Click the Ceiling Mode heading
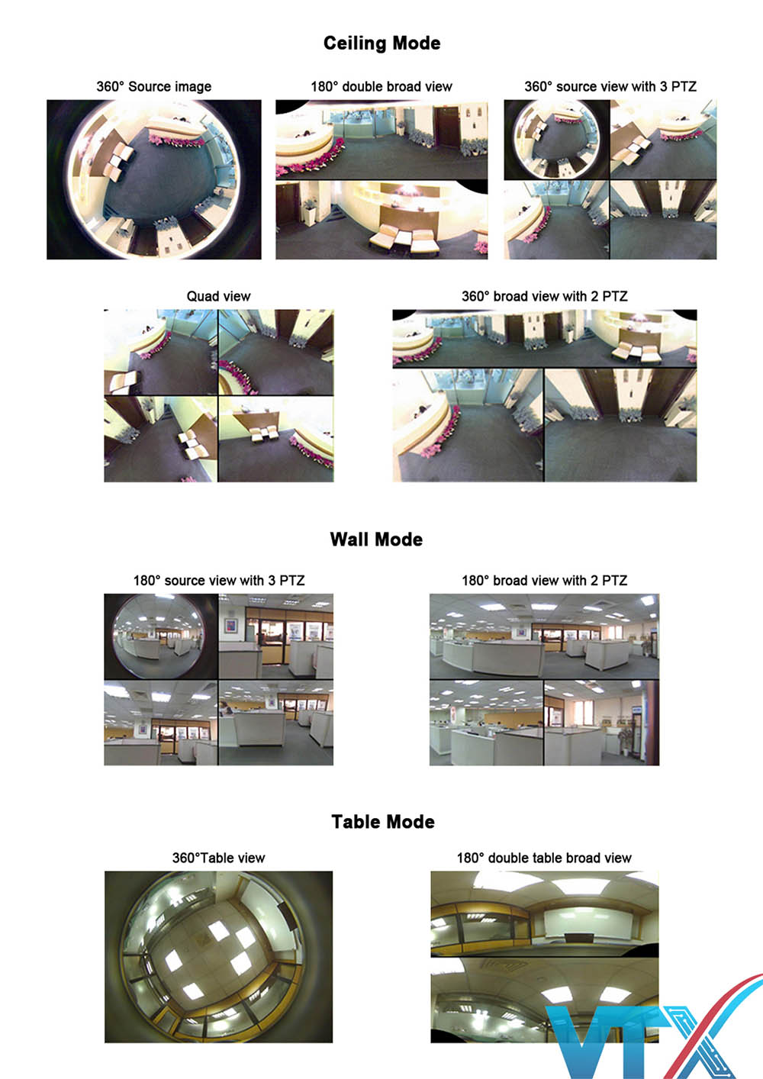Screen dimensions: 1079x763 click(381, 43)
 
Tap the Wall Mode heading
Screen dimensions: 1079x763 click(376, 539)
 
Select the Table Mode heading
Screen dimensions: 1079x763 click(383, 822)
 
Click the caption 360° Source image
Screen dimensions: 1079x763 click(153, 87)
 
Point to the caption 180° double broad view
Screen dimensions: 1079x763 click(381, 87)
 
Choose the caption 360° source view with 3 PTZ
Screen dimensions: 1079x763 click(610, 87)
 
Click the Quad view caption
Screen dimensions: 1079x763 click(218, 296)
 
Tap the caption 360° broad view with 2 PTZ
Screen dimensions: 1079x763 click(544, 296)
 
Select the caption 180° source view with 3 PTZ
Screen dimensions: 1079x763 click(218, 581)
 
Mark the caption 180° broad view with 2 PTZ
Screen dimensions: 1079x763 click(544, 581)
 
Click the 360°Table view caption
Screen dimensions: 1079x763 click(218, 858)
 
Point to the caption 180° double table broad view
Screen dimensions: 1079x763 click(544, 858)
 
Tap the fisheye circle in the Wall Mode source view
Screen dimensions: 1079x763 click(159, 636)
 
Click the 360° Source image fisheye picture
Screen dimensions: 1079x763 click(153, 179)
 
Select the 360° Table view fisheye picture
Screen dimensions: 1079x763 click(218, 957)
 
